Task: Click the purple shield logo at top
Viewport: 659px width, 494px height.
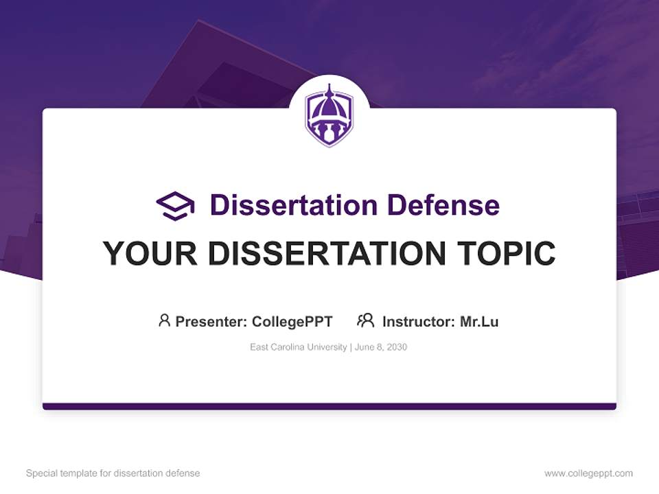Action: pos(329,116)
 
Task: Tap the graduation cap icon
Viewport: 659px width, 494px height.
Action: pos(175,205)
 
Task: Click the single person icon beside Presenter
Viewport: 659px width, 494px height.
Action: pos(164,320)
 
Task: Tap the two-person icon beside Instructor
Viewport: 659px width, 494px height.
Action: pos(365,320)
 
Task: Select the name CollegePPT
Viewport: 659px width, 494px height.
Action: pos(292,321)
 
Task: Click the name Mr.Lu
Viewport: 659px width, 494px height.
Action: pos(479,321)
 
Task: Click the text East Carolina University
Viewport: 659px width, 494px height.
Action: pos(299,347)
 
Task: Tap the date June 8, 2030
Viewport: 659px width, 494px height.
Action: pos(381,347)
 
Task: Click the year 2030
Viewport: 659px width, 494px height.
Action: pos(397,347)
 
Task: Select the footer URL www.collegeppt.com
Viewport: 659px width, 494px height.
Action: pos(588,473)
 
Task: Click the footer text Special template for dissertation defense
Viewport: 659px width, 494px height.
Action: pos(113,473)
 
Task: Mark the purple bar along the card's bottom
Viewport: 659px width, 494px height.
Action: pos(329,406)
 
